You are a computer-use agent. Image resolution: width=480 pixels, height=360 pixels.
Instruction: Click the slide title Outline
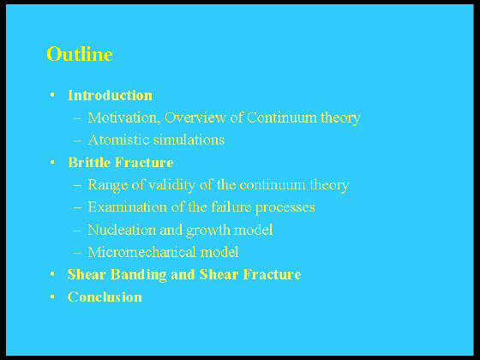pyautogui.click(x=80, y=54)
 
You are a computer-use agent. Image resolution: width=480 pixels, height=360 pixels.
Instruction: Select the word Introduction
pyautogui.click(x=111, y=95)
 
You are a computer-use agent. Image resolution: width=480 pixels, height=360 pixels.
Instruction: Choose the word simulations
pyautogui.click(x=189, y=140)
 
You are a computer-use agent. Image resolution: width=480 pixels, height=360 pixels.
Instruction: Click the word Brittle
pyautogui.click(x=89, y=162)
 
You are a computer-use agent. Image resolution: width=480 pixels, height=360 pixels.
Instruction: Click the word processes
pyautogui.click(x=285, y=207)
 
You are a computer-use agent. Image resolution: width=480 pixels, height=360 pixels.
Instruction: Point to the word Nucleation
pyautogui.click(x=122, y=230)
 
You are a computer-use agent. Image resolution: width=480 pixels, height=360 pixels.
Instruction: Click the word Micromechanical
pyautogui.click(x=141, y=252)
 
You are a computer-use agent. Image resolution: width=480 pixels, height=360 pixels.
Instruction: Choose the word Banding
pyautogui.click(x=138, y=275)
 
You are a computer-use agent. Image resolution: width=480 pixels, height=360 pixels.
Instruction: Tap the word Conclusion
pyautogui.click(x=105, y=297)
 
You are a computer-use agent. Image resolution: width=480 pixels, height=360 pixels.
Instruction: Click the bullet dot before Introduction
pyautogui.click(x=52, y=95)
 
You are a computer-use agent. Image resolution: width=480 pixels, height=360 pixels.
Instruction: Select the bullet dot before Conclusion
pyautogui.click(x=52, y=297)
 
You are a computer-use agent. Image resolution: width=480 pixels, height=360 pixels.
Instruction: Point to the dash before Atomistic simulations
pyautogui.click(x=78, y=141)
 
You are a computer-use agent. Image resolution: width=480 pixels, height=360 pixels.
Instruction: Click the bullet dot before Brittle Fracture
pyautogui.click(x=52, y=162)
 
